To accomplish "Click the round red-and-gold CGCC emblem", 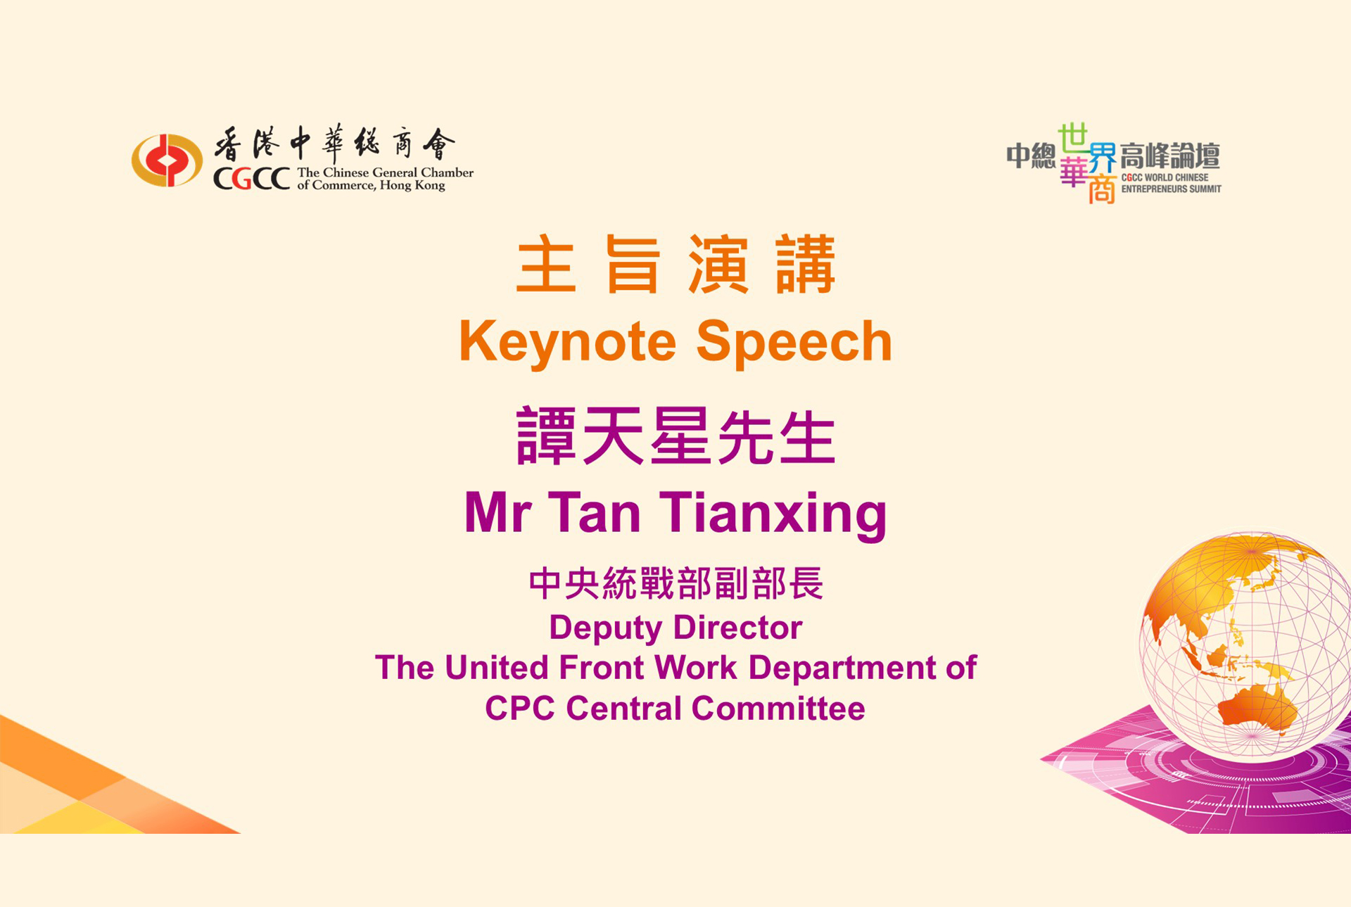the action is click(167, 160).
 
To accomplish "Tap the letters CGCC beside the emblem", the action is click(252, 179).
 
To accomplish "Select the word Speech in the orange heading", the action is click(794, 343).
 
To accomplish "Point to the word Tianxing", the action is click(773, 514).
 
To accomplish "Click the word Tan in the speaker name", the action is click(595, 512).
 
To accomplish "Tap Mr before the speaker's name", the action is click(498, 512).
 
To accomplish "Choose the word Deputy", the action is click(606, 628).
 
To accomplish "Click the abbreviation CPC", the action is click(520, 708).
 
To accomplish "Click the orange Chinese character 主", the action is click(546, 265).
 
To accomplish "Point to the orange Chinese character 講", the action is click(806, 265).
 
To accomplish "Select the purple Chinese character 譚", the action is click(547, 436).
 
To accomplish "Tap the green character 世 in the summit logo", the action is click(1073, 139).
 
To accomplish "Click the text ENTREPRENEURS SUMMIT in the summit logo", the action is click(1172, 189).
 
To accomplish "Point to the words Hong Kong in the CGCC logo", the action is click(412, 186).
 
